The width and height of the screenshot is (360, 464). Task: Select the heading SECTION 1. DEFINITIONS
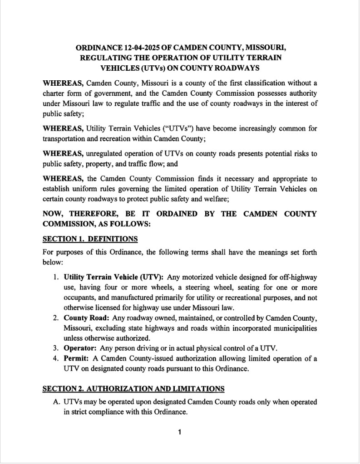90,239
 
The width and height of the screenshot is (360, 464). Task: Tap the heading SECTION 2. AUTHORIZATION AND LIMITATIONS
133,389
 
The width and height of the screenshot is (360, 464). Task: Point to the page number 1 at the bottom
180,432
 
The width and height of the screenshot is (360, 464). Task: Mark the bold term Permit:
77,359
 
